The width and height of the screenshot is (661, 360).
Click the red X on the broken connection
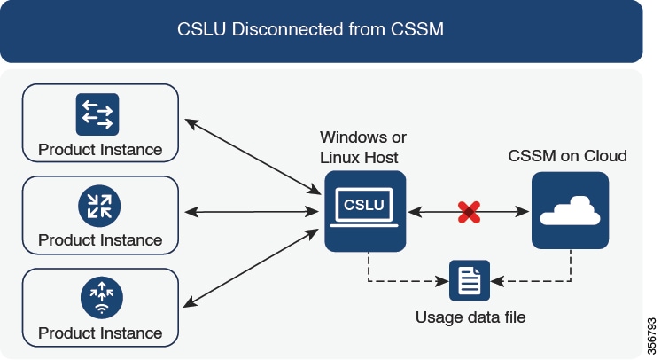(x=468, y=211)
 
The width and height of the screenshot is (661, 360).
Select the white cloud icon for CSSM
(x=570, y=211)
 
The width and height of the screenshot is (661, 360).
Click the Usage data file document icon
(x=469, y=282)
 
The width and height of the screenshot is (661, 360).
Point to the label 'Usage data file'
(x=470, y=316)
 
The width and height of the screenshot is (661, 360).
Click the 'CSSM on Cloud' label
(x=567, y=156)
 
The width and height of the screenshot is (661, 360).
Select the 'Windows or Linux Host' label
(x=362, y=147)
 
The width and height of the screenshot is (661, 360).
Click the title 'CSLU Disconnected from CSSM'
(x=322, y=29)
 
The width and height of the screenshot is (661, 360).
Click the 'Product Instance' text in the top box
(x=100, y=149)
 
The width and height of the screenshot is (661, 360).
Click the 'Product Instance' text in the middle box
(x=100, y=240)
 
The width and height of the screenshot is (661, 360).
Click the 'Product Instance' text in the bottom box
(x=100, y=333)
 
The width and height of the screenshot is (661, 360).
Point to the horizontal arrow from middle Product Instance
(x=252, y=212)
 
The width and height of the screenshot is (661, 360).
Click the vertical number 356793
(x=652, y=329)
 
